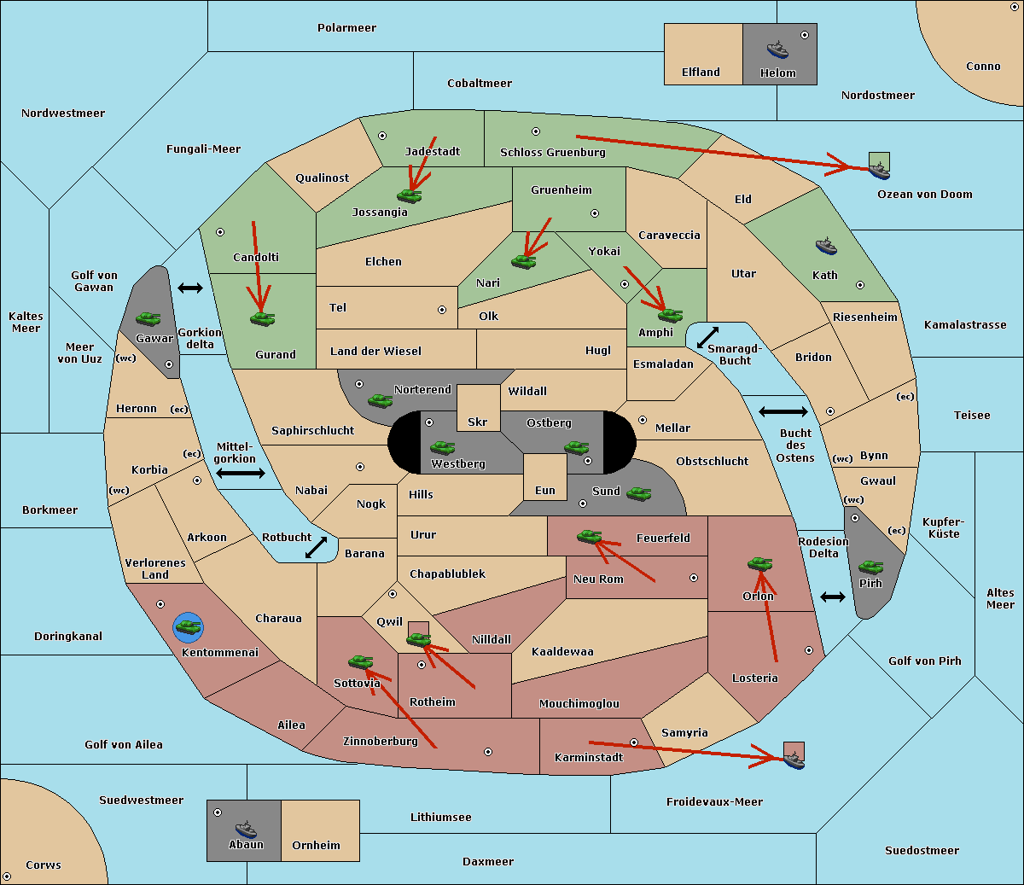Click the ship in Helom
777,49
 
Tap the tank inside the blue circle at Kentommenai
188,627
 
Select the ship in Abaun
246,829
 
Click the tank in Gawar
148,318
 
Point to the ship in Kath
826,247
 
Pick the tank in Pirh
870,568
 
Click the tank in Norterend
380,400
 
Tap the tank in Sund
638,493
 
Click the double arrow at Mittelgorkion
241,473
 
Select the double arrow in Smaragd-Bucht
708,337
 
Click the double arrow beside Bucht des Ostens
783,412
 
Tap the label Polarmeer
346,28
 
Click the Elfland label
701,73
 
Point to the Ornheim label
316,846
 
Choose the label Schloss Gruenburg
552,153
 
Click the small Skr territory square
478,408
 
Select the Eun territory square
544,477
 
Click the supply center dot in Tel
442,310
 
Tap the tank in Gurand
262,319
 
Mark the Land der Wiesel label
375,351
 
